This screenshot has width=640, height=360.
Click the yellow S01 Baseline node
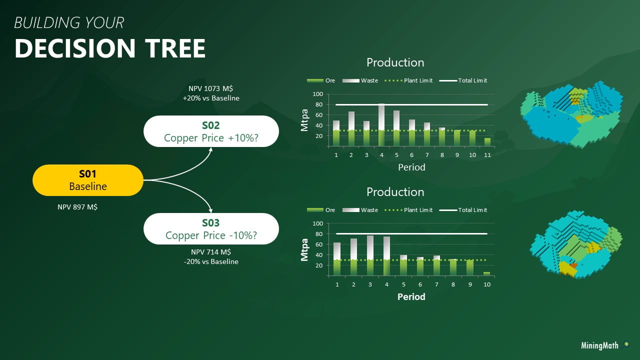pyautogui.click(x=88, y=180)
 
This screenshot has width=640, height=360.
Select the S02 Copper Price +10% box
pyautogui.click(x=211, y=131)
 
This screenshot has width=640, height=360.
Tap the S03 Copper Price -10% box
pyautogui.click(x=211, y=228)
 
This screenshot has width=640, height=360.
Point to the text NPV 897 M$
pyautogui.click(x=77, y=207)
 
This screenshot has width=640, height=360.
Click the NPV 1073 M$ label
pyautogui.click(x=211, y=88)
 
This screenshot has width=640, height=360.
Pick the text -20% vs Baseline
pyautogui.click(x=211, y=261)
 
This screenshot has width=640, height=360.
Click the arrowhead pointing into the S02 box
pyautogui.click(x=211, y=149)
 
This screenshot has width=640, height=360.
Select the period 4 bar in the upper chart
pyautogui.click(x=381, y=125)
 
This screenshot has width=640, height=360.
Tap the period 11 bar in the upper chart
pyautogui.click(x=487, y=142)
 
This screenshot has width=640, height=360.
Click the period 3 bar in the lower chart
pyautogui.click(x=370, y=255)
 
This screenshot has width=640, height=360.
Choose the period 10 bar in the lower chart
pyautogui.click(x=486, y=273)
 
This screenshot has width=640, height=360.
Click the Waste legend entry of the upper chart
pyautogui.click(x=360, y=80)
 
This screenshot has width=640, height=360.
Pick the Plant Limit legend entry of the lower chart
pyautogui.click(x=408, y=210)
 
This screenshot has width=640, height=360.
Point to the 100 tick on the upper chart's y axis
pyautogui.click(x=317, y=94)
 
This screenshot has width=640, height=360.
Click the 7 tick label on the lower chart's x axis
pyautogui.click(x=436, y=284)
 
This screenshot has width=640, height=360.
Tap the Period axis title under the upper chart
pyautogui.click(x=411, y=167)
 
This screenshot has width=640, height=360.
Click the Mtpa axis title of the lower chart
pyautogui.click(x=304, y=249)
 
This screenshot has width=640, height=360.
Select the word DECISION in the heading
pyautogui.click(x=75, y=48)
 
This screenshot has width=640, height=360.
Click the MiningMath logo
pyautogui.click(x=605, y=345)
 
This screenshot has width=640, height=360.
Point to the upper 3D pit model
pyautogui.click(x=571, y=115)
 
